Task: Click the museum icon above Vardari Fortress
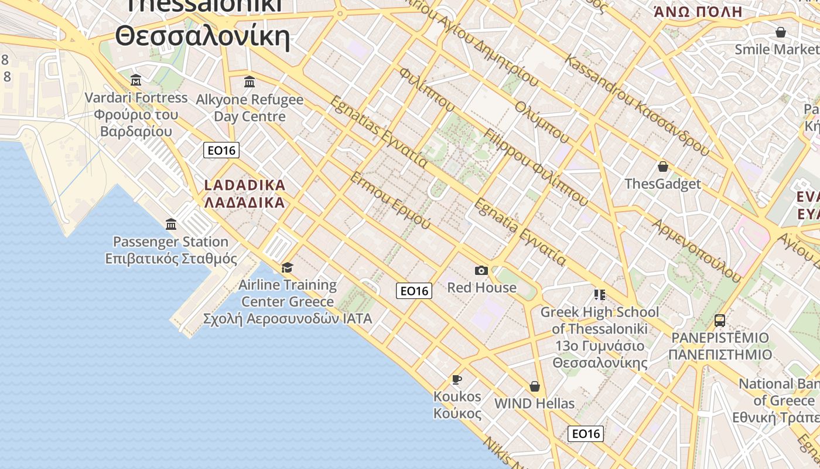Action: [x=136, y=80]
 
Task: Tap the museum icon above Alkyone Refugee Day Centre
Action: [x=250, y=81]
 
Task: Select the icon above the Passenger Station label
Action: [x=171, y=224]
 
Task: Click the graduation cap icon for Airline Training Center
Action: [x=287, y=268]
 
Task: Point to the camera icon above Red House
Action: [x=481, y=270]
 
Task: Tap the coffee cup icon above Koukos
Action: [x=457, y=379]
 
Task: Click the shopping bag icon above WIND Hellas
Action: [x=534, y=386]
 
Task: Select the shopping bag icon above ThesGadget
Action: [x=662, y=166]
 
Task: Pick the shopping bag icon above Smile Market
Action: [x=781, y=32]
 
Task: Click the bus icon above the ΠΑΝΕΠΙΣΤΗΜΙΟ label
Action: [x=720, y=321]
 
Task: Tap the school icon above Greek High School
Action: [x=599, y=294]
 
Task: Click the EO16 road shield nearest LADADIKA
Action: [x=221, y=150]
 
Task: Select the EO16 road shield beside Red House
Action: [x=414, y=291]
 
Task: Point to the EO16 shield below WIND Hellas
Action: [x=586, y=434]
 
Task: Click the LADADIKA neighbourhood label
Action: [x=245, y=194]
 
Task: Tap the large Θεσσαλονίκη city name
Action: [x=203, y=36]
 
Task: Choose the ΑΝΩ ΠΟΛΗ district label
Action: [x=698, y=12]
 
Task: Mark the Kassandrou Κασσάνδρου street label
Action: [x=637, y=106]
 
